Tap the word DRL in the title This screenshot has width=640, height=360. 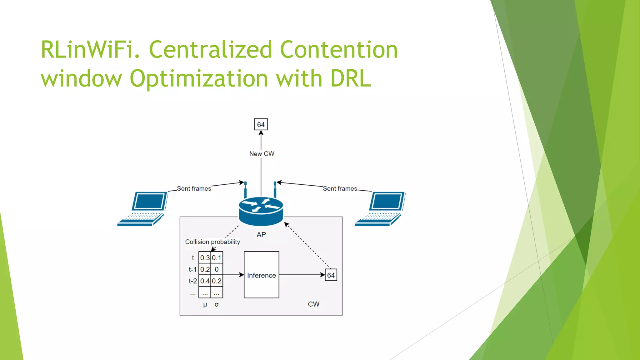[351, 78]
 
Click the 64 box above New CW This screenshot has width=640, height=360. [261, 125]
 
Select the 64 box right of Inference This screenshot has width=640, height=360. [331, 275]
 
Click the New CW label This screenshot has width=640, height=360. [262, 154]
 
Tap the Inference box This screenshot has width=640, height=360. [261, 275]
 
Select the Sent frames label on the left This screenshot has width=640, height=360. [194, 188]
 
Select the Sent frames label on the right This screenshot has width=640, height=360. [340, 188]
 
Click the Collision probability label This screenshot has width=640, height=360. [212, 242]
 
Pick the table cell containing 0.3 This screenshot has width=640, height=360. [205, 258]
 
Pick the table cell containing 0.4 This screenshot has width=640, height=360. [205, 281]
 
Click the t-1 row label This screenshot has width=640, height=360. [192, 269]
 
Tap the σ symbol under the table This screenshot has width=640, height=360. [217, 304]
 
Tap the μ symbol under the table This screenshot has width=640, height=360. [205, 304]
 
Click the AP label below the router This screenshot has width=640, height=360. [261, 235]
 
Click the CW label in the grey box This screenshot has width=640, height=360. [313, 304]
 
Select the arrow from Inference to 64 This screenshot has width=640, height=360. [302, 275]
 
